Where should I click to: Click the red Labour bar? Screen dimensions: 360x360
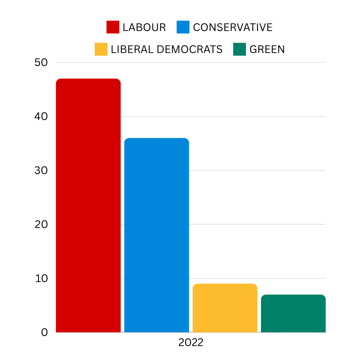[88, 205]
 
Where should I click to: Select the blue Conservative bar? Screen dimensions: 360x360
[156, 235]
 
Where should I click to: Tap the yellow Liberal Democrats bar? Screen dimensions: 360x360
[225, 308]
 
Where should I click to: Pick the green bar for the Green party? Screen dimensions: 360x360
[293, 313]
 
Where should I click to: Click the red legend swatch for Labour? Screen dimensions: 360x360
[113, 27]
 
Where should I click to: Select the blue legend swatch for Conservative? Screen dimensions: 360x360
[183, 27]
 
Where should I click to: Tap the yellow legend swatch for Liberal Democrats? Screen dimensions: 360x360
[101, 49]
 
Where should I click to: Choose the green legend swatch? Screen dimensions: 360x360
[239, 49]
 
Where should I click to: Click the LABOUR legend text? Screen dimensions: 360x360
[144, 27]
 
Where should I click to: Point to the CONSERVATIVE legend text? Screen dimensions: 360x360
[233, 27]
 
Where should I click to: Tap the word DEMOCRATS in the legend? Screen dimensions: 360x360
[189, 49]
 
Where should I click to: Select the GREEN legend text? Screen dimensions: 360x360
[267, 49]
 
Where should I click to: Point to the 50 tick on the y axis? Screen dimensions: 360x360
[41, 62]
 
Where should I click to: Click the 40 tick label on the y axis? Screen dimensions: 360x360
[41, 116]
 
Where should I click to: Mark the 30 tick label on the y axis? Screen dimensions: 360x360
[41, 170]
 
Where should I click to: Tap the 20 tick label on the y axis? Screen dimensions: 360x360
[41, 224]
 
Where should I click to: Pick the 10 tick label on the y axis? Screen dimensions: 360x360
[41, 278]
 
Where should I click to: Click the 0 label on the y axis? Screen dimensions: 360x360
[45, 332]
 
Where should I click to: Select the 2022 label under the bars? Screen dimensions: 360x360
[191, 343]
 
